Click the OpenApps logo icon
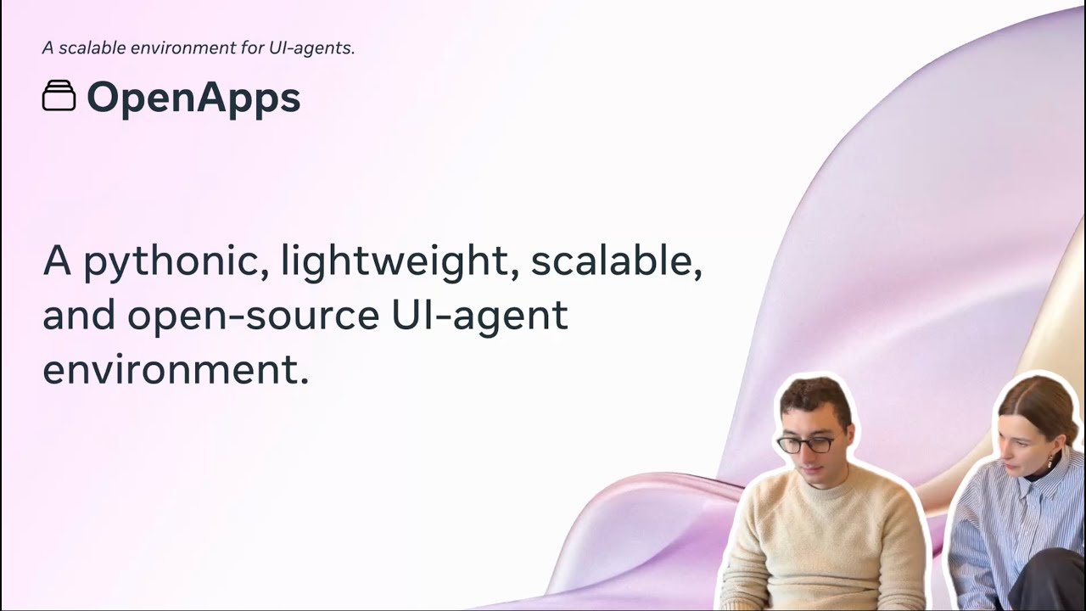(59, 96)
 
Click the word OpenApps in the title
(193, 98)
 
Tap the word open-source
(253, 316)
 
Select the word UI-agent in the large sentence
(479, 316)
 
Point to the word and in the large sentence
(79, 316)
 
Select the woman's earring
(1050, 461)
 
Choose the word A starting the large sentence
(57, 262)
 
